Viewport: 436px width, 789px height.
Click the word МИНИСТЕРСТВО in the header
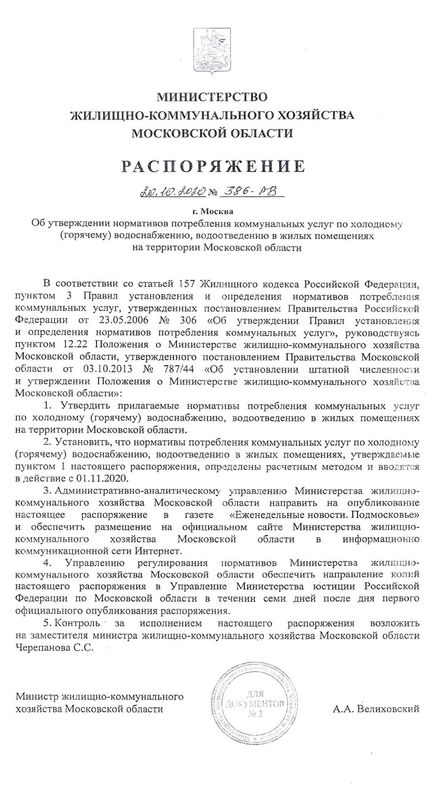click(213, 98)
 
